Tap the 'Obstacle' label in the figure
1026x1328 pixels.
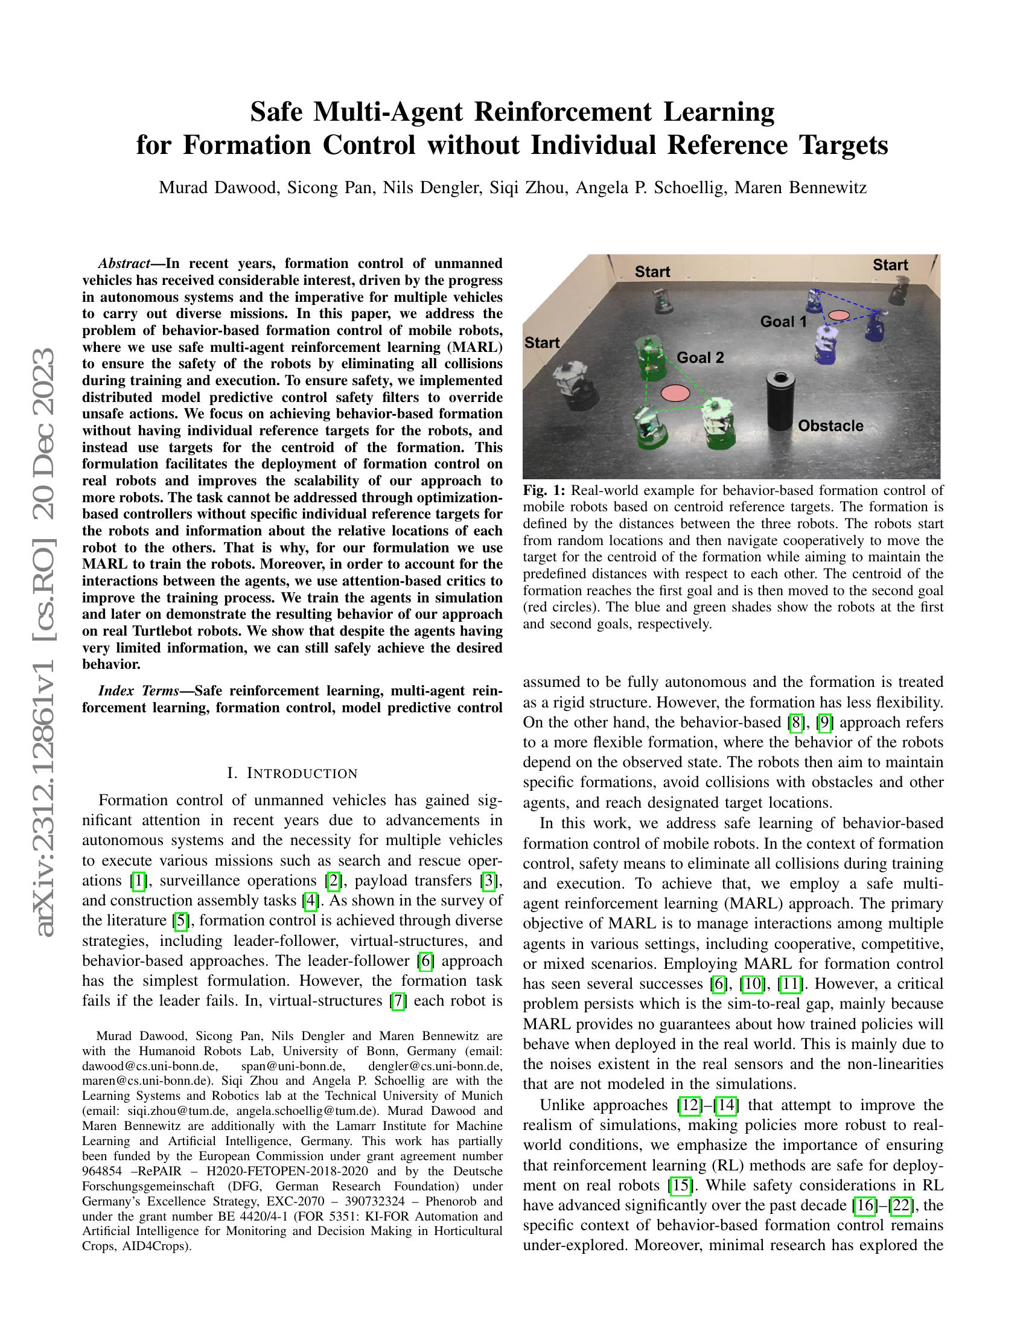[x=830, y=426]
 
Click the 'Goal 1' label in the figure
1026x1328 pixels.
[x=783, y=321]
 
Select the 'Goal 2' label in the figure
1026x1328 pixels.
[x=700, y=357]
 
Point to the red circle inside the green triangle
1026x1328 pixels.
[x=675, y=393]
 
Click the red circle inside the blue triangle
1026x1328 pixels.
[x=839, y=315]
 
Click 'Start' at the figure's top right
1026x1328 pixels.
[x=890, y=265]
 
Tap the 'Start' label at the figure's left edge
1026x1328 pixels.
[x=541, y=342]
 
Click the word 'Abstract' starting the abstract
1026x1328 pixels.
[x=123, y=263]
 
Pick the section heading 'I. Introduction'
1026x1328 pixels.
[x=292, y=773]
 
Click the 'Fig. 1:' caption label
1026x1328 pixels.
[x=544, y=491]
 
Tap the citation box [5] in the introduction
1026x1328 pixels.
[x=180, y=921]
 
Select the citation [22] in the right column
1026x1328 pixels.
[x=900, y=1205]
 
